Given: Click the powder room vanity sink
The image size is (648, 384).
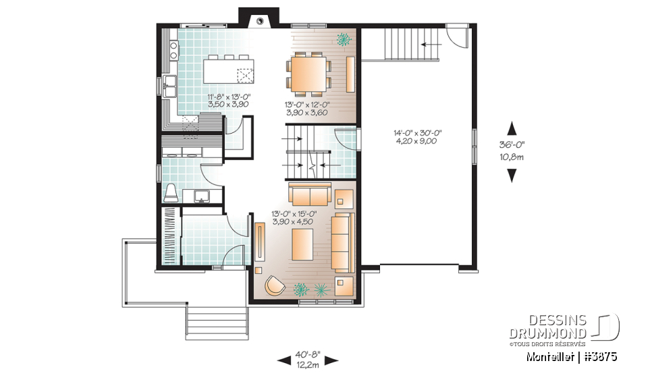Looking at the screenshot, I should (200, 196).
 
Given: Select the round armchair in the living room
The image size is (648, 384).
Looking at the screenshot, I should (275, 285).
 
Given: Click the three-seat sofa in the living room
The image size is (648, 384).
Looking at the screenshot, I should (342, 242).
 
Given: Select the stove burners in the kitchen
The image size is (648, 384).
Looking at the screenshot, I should (173, 49).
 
